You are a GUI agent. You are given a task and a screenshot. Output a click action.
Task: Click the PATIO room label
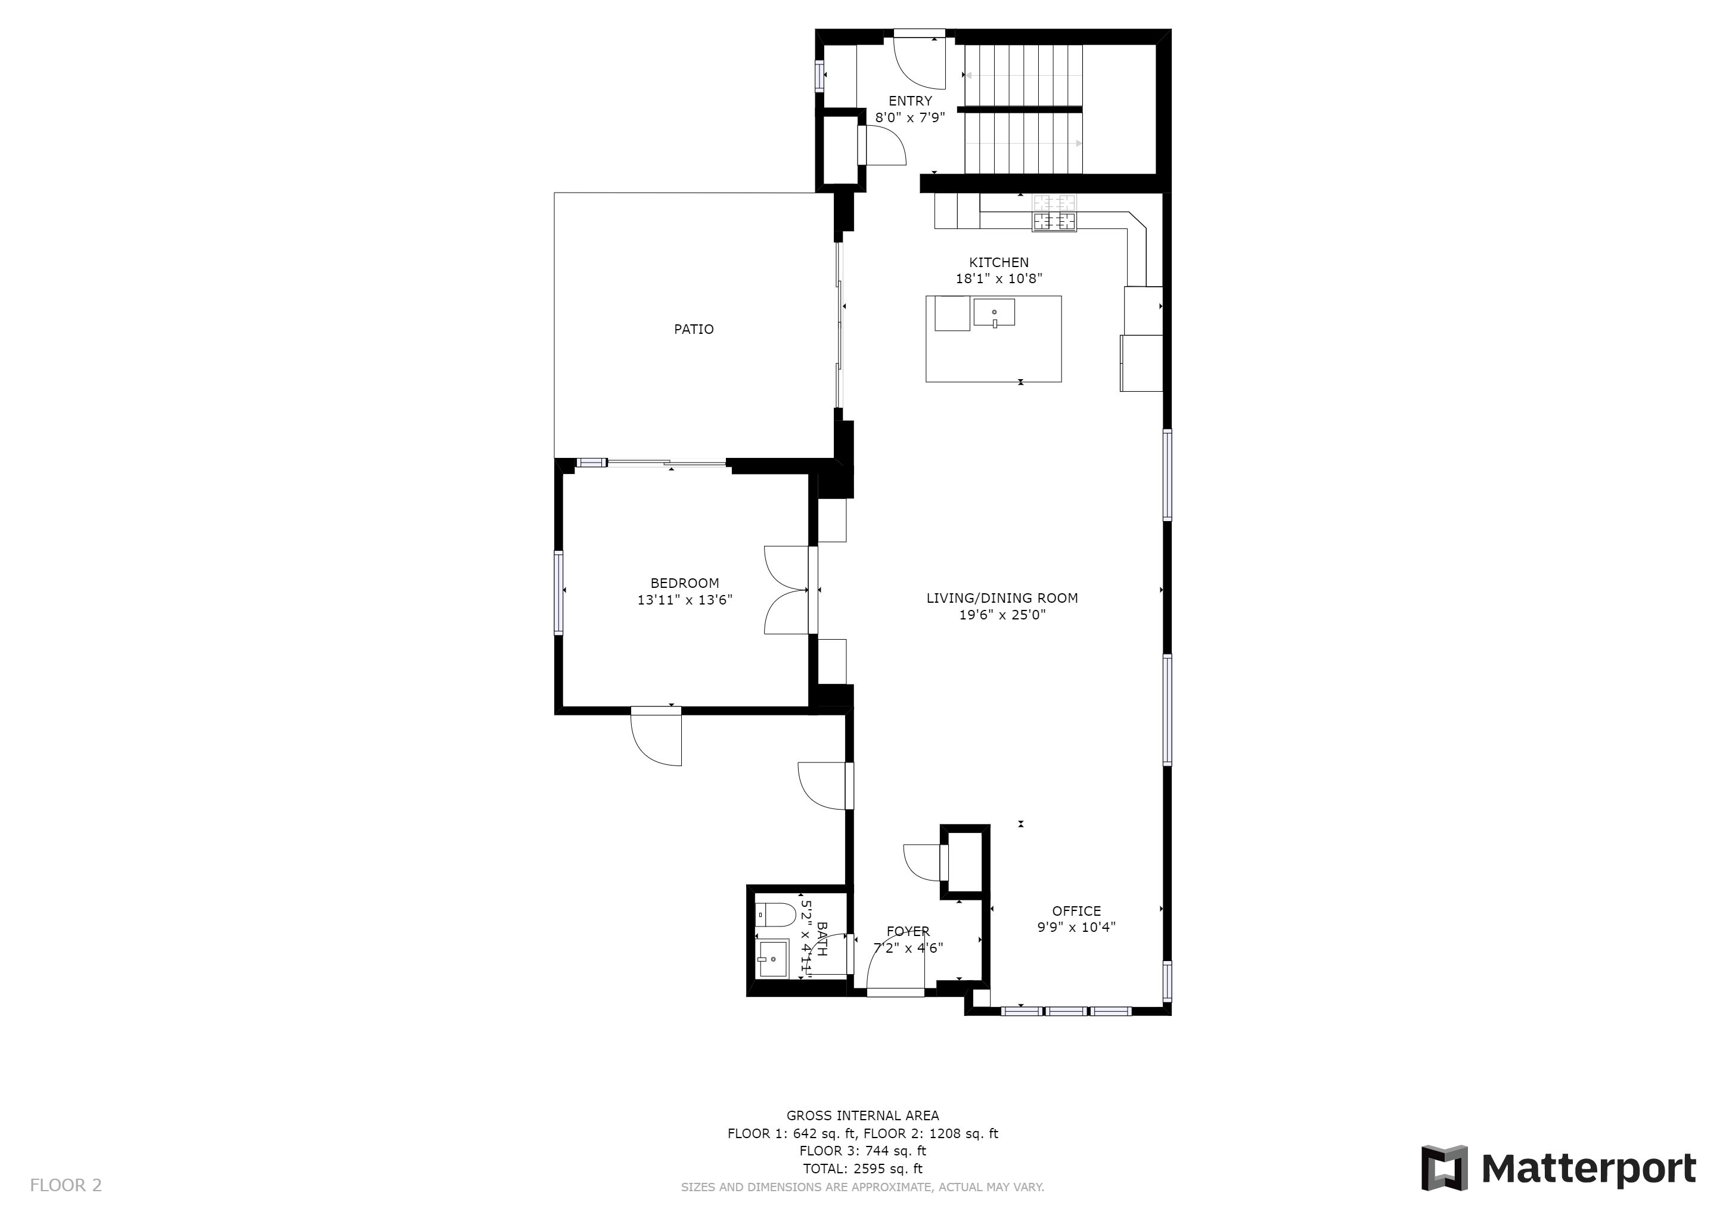coord(693,329)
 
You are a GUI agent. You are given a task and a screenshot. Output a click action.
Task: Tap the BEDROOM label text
coord(684,584)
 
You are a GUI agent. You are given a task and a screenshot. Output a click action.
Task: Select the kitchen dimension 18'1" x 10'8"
coord(998,279)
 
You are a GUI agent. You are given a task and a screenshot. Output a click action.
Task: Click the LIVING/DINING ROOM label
coord(1002,599)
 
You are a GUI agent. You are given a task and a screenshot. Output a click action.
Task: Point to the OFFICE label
coord(1076,911)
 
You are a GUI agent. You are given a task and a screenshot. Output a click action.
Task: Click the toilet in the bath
coord(775,915)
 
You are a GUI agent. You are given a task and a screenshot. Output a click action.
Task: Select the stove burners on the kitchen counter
coord(1054,213)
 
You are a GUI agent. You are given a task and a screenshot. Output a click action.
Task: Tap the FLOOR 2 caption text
coord(66,1186)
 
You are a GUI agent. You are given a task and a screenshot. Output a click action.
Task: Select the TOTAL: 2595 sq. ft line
coord(862,1169)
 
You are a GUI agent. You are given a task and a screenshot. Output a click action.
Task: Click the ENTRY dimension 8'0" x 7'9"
coord(909,117)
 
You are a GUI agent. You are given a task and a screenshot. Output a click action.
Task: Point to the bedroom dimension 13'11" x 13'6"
coord(684,600)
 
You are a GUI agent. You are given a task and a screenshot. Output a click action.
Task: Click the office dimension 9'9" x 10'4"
coord(1076,928)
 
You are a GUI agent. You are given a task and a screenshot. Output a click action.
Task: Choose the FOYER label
coord(908,931)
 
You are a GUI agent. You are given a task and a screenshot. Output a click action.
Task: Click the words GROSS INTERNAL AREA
coord(862,1115)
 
